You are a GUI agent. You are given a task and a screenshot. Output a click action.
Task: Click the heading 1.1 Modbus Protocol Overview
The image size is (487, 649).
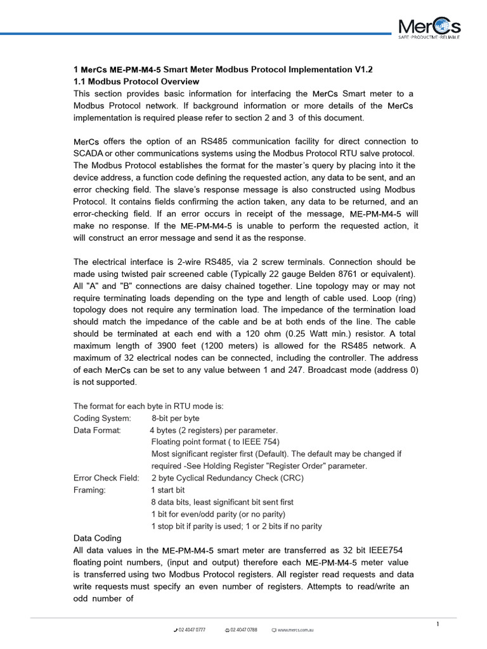(136, 82)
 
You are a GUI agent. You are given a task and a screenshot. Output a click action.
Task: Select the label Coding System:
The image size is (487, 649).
(102, 418)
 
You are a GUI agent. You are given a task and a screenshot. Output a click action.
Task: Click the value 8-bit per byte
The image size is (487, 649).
(176, 418)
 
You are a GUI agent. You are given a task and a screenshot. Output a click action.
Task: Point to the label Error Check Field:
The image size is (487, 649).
(106, 478)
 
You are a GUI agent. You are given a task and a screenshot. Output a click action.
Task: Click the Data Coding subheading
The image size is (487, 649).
(98, 538)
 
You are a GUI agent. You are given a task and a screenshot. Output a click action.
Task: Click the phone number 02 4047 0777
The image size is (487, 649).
(192, 631)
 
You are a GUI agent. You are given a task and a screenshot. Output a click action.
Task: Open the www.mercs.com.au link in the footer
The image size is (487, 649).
(295, 631)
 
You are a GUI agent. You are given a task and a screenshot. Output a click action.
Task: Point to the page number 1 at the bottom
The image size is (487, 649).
(438, 625)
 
